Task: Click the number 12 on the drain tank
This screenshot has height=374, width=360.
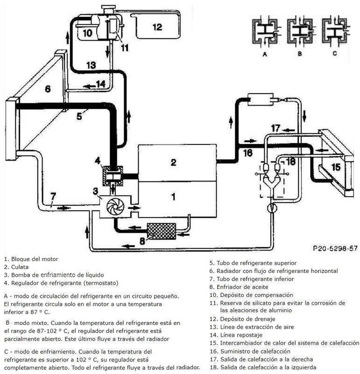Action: (x=156, y=27)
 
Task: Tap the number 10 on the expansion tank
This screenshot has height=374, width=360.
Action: (x=87, y=33)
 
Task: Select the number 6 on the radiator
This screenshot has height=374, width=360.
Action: (x=48, y=88)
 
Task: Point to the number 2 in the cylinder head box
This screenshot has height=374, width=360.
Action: (x=173, y=162)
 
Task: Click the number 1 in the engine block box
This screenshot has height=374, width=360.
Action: (x=173, y=197)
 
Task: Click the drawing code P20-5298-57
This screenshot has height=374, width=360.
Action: (x=335, y=248)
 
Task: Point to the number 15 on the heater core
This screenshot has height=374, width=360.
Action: (x=336, y=167)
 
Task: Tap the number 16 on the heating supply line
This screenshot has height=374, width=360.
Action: (x=247, y=152)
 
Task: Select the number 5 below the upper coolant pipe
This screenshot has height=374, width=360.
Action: (x=79, y=115)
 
